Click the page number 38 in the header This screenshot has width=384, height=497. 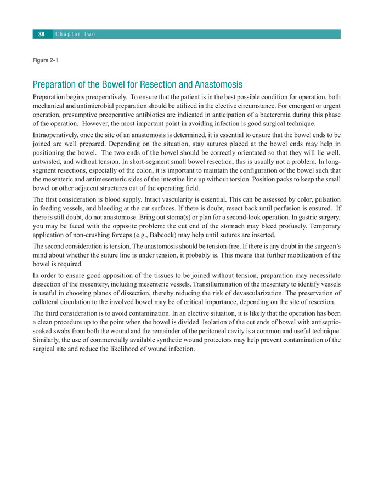tap(41, 35)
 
